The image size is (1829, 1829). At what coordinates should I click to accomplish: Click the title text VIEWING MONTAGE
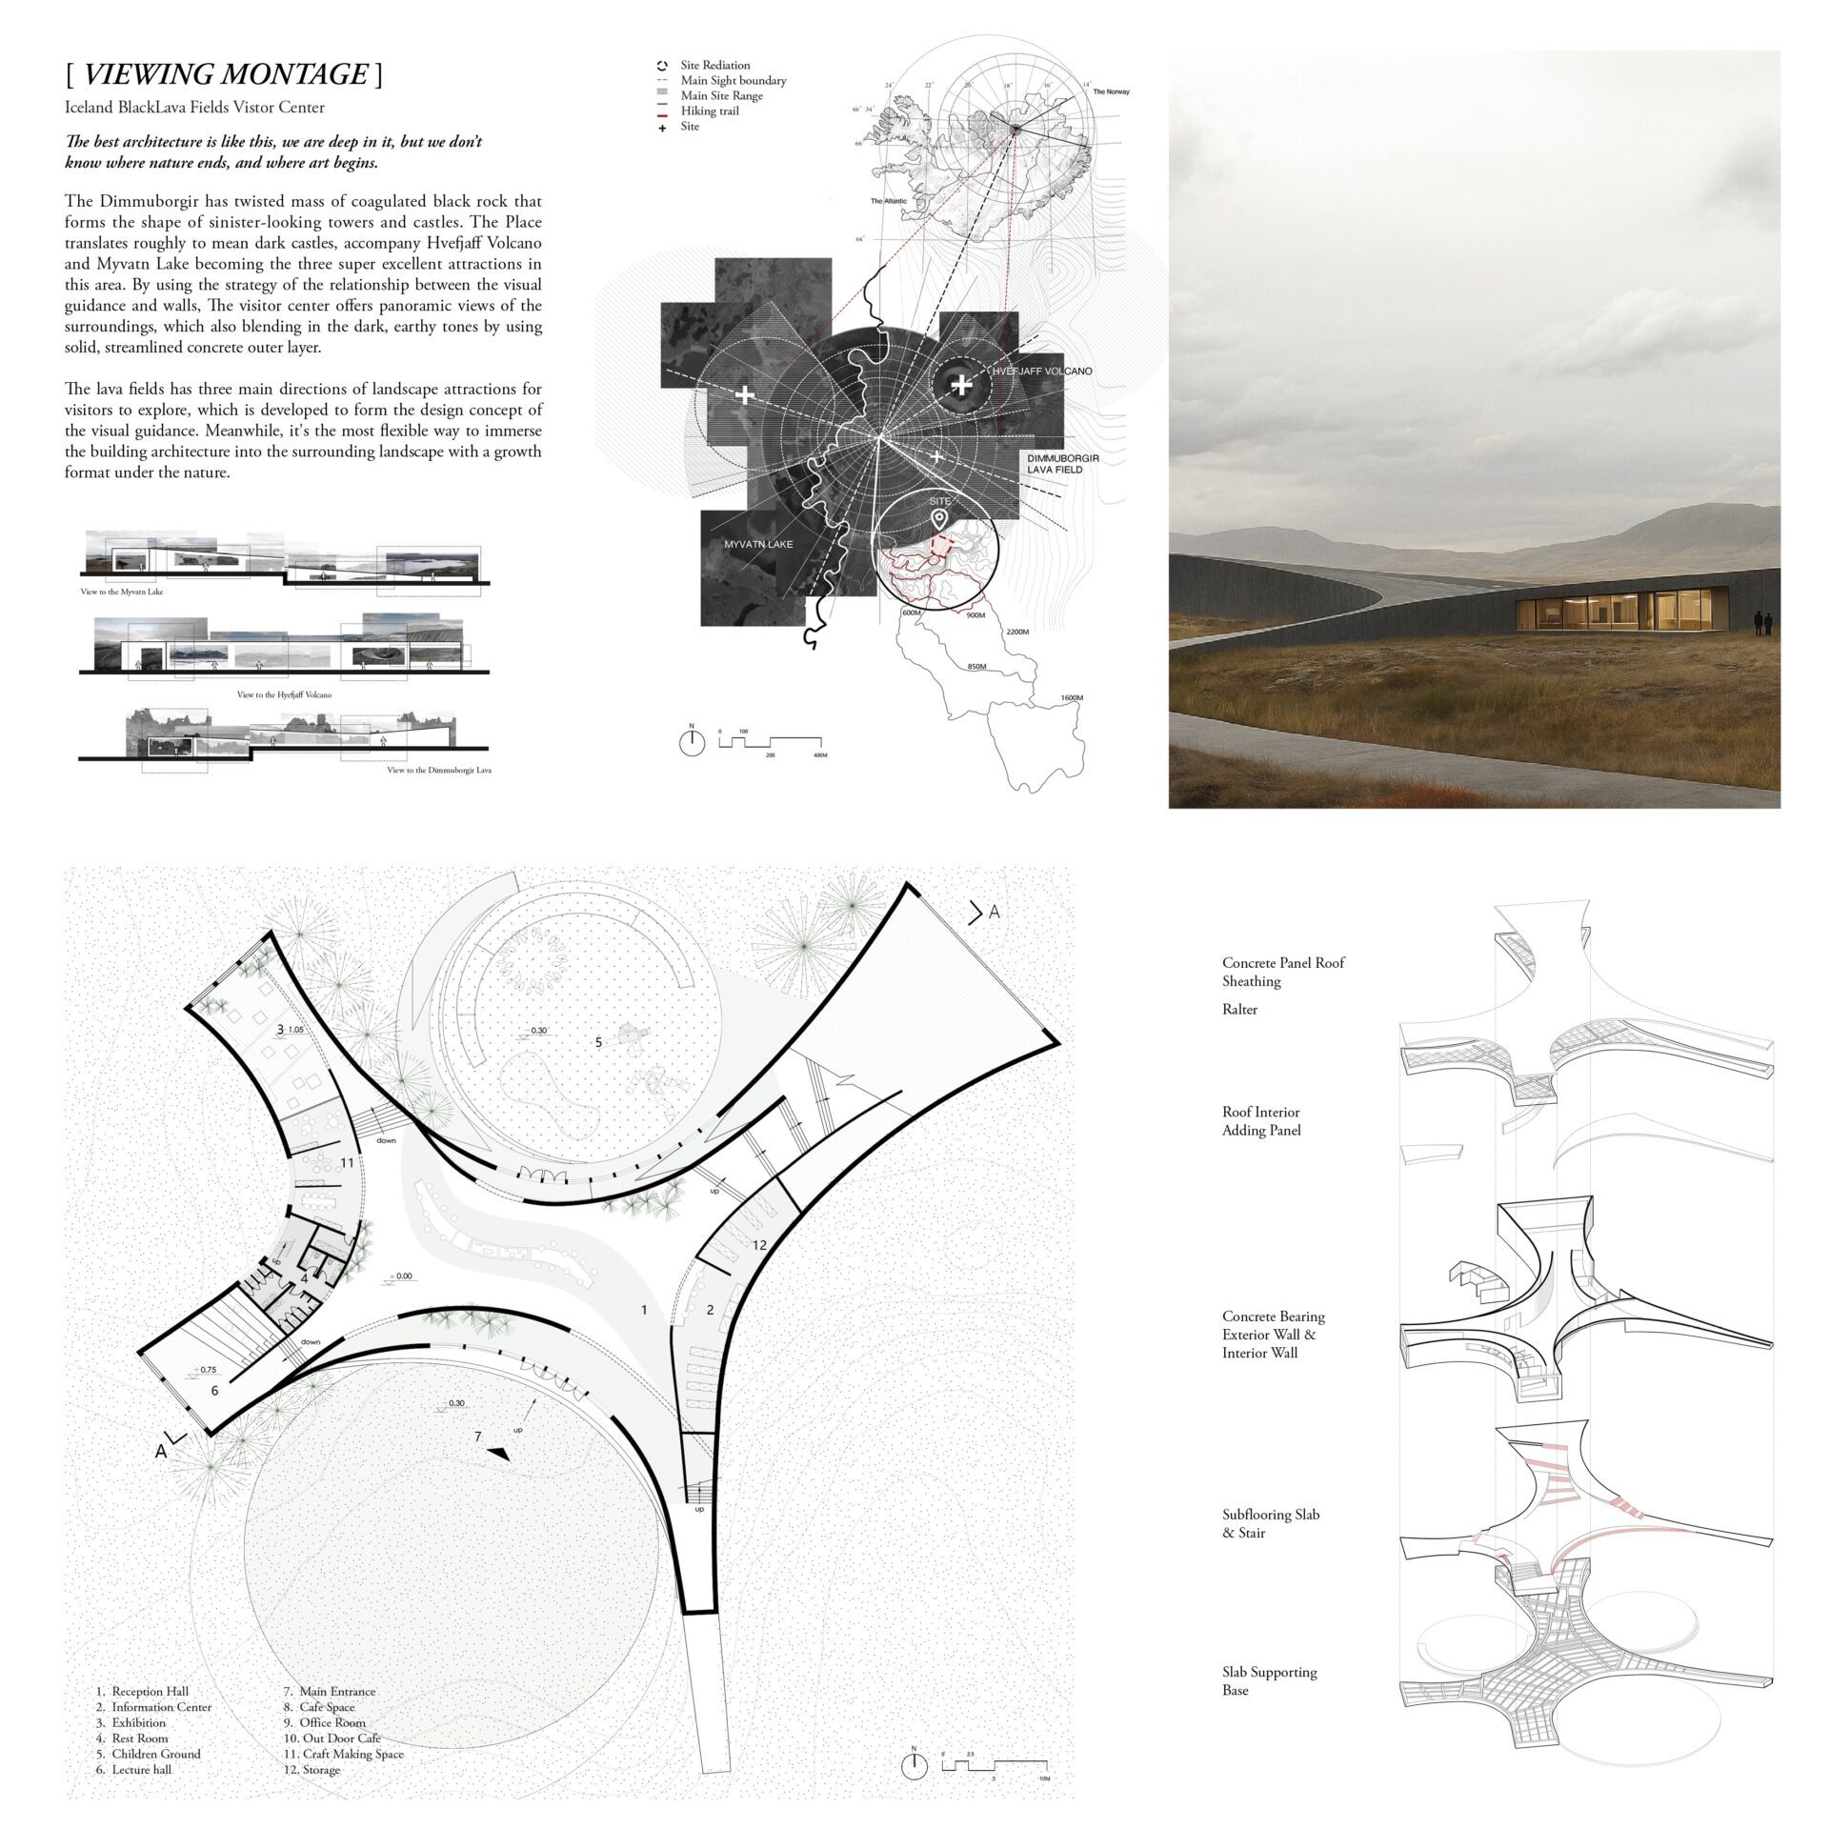[x=225, y=74]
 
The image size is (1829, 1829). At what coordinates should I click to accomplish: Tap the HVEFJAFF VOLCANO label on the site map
[x=1041, y=371]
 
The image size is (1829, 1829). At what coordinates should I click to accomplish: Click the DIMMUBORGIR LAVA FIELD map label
[x=1062, y=464]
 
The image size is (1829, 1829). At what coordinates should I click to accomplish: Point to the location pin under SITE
[x=939, y=519]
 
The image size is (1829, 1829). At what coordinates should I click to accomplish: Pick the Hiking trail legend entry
[x=709, y=111]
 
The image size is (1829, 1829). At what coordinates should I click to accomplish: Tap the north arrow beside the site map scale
[x=693, y=742]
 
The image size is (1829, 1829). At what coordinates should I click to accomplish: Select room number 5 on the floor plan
[x=598, y=1043]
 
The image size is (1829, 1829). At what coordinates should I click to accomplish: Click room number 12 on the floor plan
[x=758, y=1244]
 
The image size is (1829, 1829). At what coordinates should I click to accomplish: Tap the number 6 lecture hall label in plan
[x=214, y=1391]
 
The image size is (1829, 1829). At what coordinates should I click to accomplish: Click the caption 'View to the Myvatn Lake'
[x=122, y=592]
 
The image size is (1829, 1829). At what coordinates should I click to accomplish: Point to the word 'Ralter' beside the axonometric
[x=1239, y=1009]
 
